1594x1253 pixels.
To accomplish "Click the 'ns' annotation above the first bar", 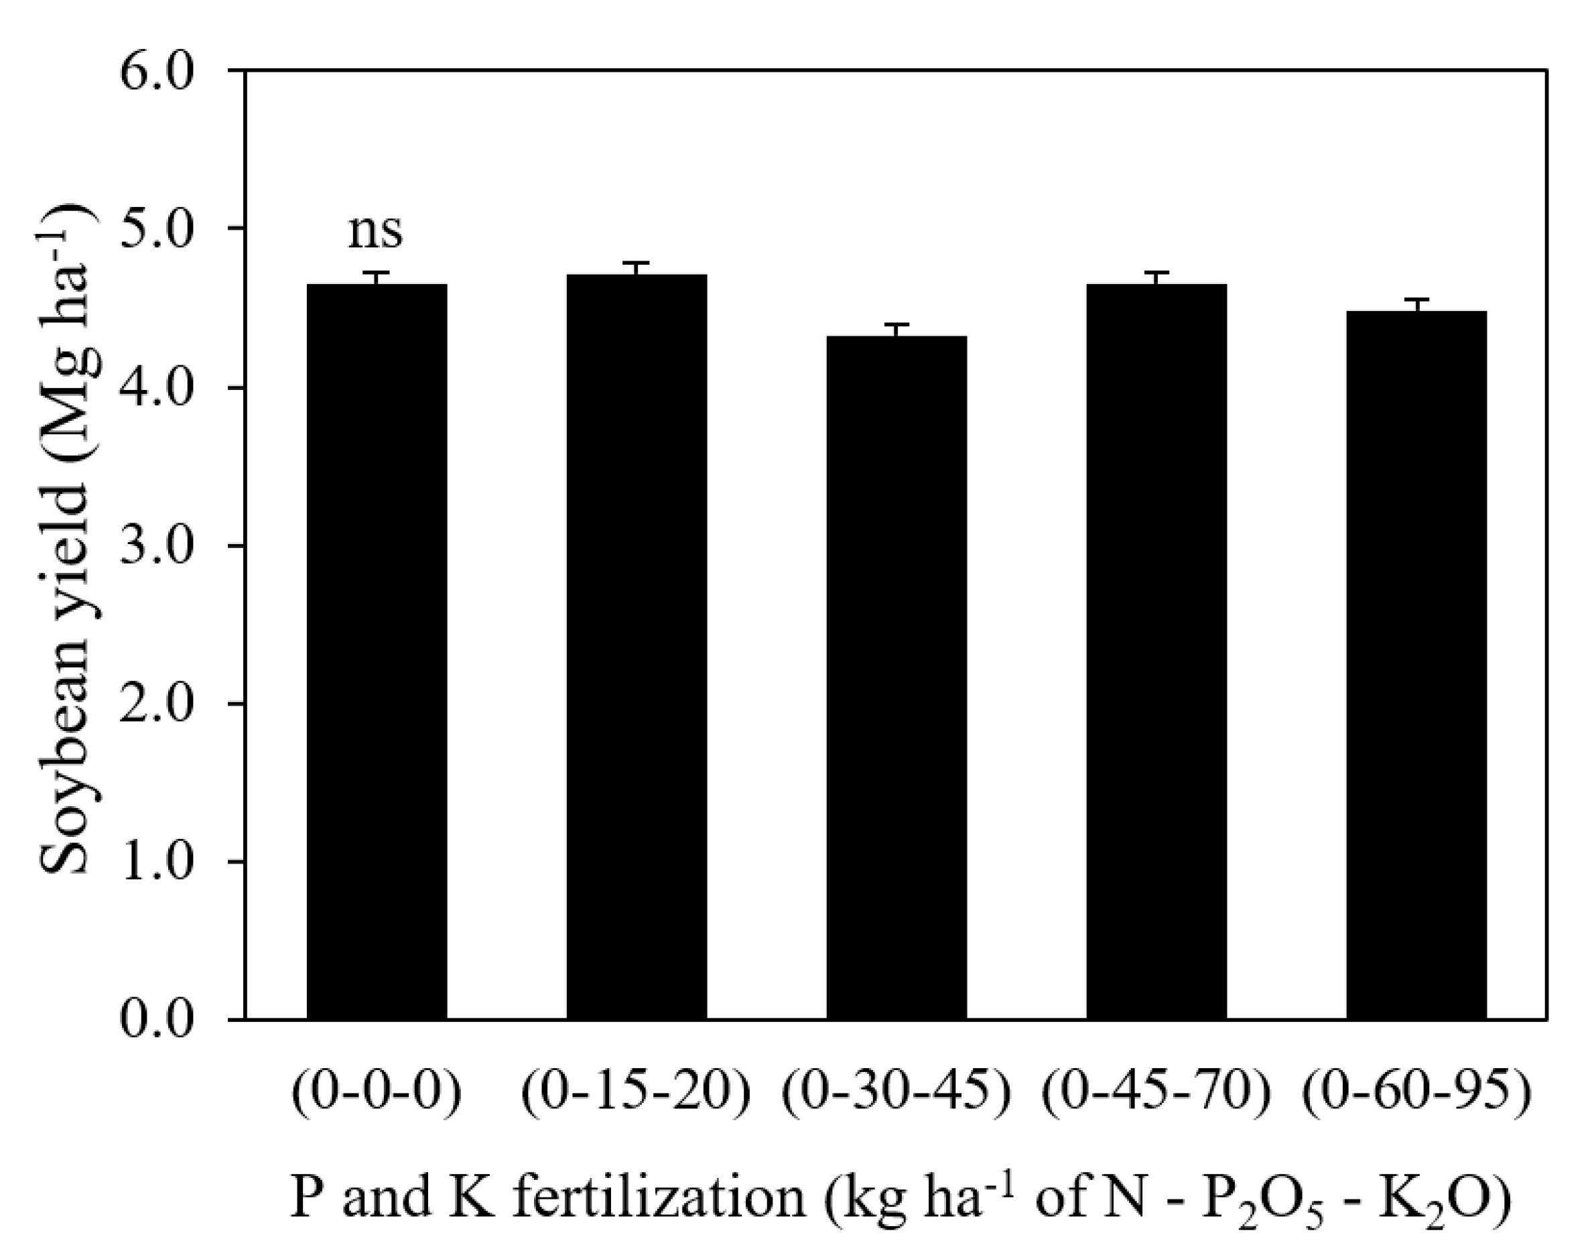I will point(375,230).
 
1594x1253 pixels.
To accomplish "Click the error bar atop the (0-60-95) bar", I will point(1416,304).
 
